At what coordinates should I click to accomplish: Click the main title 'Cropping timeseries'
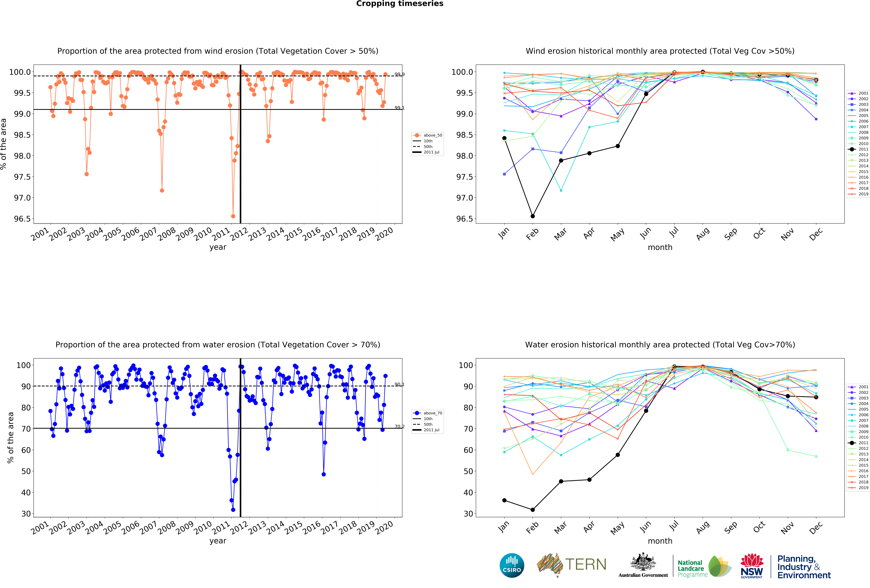pyautogui.click(x=399, y=4)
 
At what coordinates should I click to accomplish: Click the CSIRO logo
pyautogui.click(x=512, y=565)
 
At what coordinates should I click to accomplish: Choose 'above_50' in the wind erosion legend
pyautogui.click(x=433, y=135)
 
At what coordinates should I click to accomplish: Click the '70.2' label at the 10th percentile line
pyautogui.click(x=399, y=427)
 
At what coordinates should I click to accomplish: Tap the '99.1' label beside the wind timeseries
pyautogui.click(x=399, y=108)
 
